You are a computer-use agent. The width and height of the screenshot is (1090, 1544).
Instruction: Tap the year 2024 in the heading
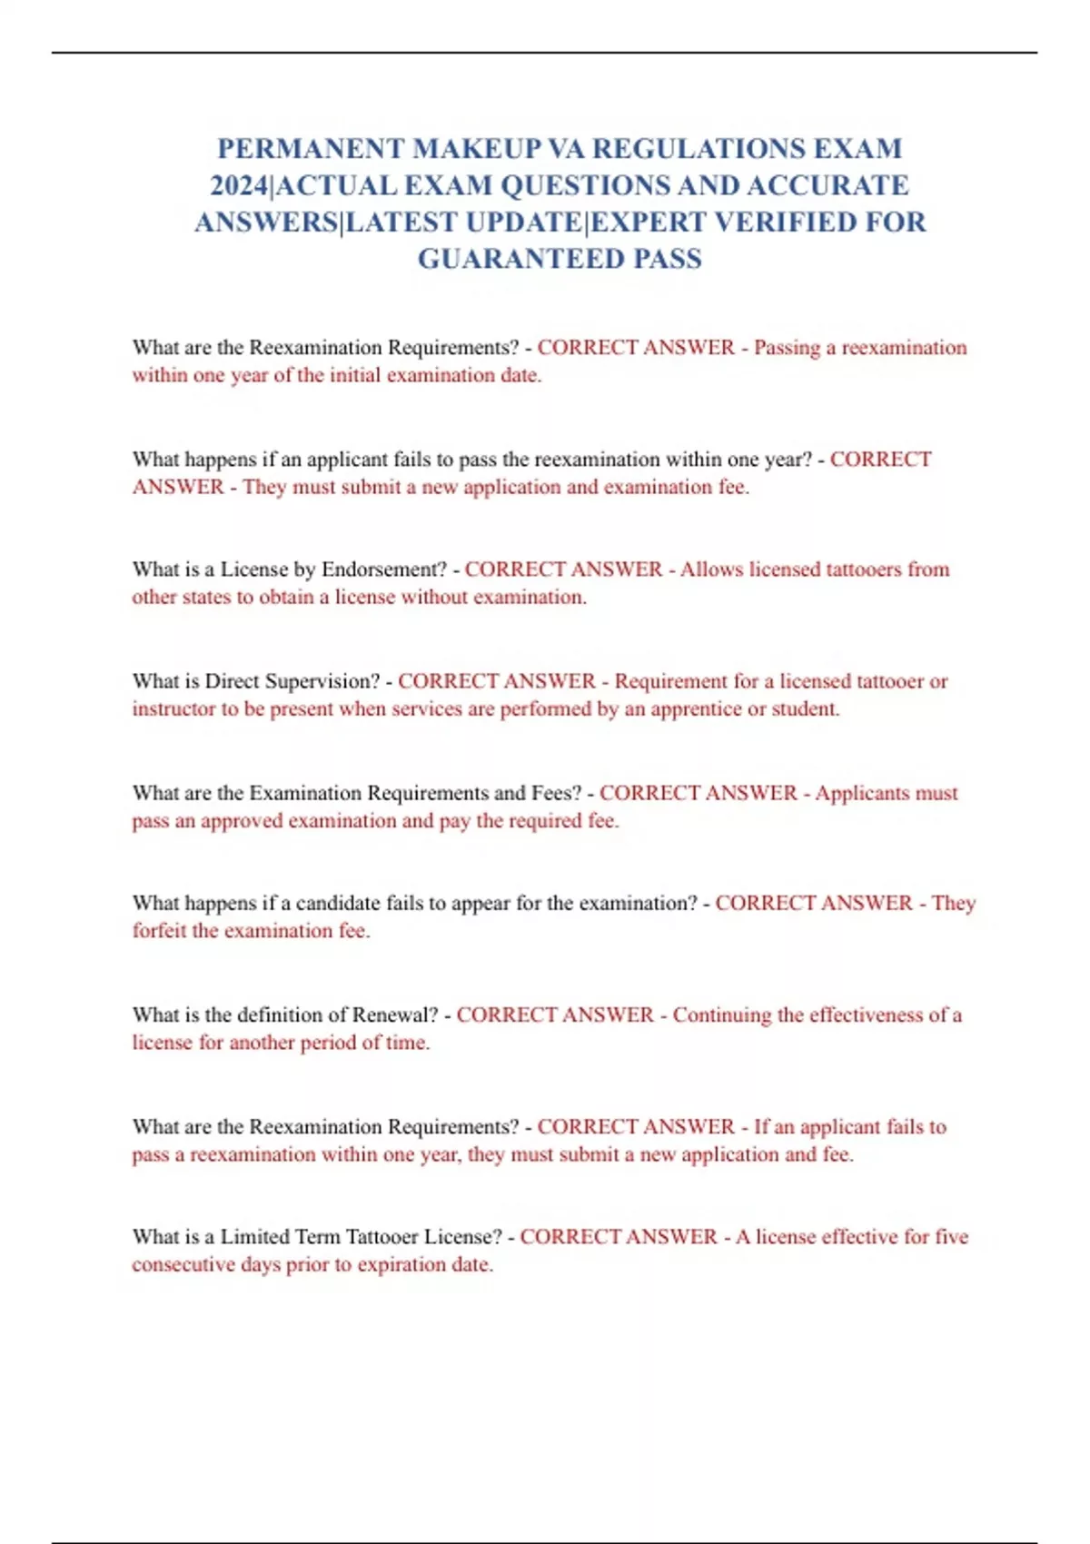[x=240, y=186]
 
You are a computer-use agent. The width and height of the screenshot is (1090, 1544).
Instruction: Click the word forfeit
[x=159, y=931]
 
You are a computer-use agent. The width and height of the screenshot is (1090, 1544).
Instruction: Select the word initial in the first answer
[x=355, y=375]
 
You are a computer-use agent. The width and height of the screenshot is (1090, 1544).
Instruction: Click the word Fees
[x=556, y=793]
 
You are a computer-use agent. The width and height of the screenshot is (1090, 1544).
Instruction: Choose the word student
[x=804, y=709]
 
